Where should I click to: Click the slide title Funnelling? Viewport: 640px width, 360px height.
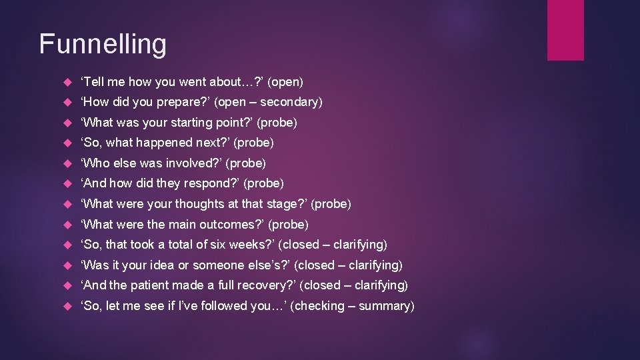click(103, 44)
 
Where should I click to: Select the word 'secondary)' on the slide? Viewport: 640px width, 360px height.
click(291, 102)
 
